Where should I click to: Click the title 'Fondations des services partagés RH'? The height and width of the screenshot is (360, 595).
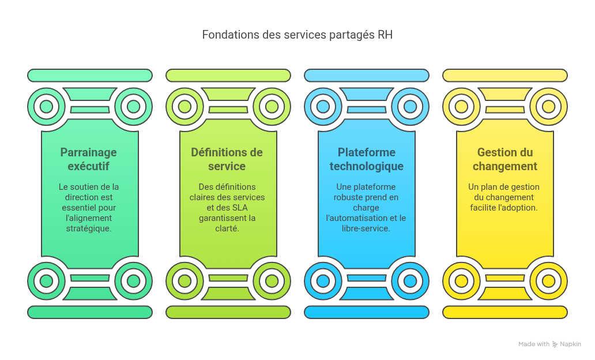pyautogui.click(x=297, y=35)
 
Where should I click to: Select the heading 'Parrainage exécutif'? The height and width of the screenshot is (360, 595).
pyautogui.click(x=88, y=159)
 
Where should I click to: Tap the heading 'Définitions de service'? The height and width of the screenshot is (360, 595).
pyautogui.click(x=227, y=159)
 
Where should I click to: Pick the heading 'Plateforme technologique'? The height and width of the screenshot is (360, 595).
pyautogui.click(x=366, y=159)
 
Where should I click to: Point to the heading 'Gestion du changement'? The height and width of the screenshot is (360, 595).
pyautogui.click(x=504, y=159)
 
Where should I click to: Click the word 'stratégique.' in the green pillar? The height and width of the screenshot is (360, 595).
pyautogui.click(x=88, y=228)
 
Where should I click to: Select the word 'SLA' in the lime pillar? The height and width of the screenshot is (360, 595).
pyautogui.click(x=240, y=208)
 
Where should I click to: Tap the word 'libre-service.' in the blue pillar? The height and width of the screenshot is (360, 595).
pyautogui.click(x=366, y=228)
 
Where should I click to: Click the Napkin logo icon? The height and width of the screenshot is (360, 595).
pyautogui.click(x=555, y=344)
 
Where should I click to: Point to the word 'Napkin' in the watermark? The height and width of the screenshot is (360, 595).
pyautogui.click(x=570, y=344)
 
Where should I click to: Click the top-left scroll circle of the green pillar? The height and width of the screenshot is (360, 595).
pyautogui.click(x=46, y=107)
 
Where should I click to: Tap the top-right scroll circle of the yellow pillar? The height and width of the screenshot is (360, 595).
pyautogui.click(x=548, y=107)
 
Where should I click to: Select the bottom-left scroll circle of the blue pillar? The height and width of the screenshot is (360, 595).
pyautogui.click(x=323, y=281)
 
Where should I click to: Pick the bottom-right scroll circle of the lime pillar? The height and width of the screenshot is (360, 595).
pyautogui.click(x=272, y=281)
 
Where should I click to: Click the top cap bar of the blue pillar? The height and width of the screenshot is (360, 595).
pyautogui.click(x=367, y=76)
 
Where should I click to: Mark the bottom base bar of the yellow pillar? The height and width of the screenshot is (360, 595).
pyautogui.click(x=505, y=312)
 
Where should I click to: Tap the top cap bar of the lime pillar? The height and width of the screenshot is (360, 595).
pyautogui.click(x=228, y=76)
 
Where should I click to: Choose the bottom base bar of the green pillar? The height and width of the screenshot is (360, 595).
pyautogui.click(x=90, y=312)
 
